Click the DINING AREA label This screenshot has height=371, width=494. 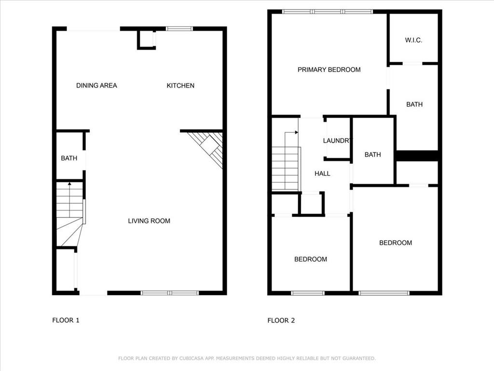[96, 86]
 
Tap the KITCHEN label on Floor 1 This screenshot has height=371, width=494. [180, 86]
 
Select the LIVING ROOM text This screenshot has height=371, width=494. [149, 221]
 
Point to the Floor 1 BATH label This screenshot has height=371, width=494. [69, 158]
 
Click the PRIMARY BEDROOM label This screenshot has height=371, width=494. [329, 70]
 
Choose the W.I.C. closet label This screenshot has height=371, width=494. [413, 40]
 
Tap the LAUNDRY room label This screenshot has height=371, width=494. [337, 141]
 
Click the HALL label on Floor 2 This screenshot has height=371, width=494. [322, 173]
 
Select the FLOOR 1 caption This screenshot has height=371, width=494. [66, 320]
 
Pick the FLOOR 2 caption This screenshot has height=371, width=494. [281, 320]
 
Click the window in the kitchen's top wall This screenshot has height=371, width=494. [179, 29]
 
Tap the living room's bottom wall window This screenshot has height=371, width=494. [169, 293]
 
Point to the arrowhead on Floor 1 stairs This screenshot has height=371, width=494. [69, 183]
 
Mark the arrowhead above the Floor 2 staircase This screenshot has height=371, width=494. [297, 132]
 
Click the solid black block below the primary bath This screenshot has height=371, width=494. [417, 156]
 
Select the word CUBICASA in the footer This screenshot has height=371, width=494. [192, 358]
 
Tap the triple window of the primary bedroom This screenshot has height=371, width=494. [328, 12]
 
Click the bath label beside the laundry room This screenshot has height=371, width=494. [373, 155]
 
